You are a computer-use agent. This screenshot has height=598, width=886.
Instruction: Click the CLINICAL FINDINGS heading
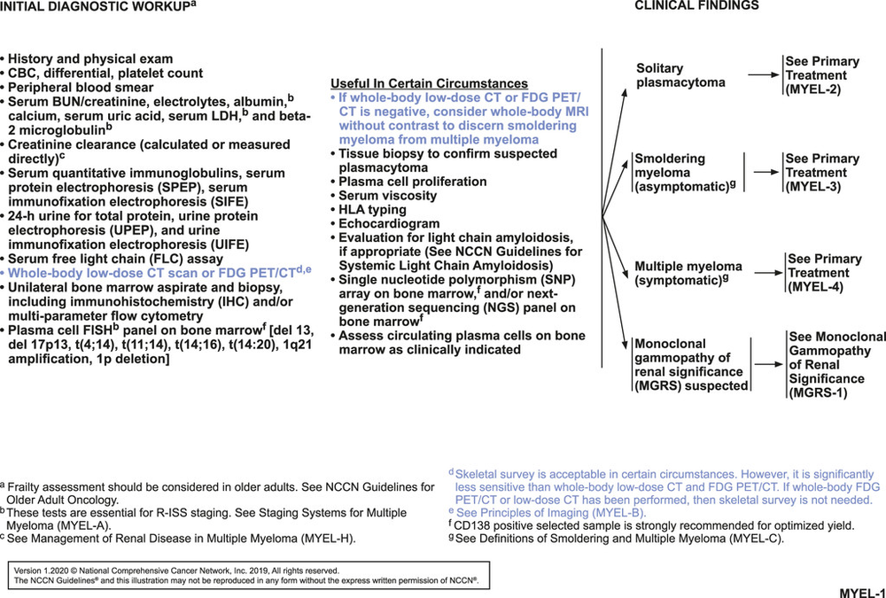pyautogui.click(x=696, y=5)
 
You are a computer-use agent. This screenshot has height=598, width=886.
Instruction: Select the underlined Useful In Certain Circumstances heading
pyautogui.click(x=429, y=83)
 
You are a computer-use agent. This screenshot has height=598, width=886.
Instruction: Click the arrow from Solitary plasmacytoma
pyautogui.click(x=764, y=76)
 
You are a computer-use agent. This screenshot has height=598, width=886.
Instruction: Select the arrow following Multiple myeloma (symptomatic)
pyautogui.click(x=764, y=272)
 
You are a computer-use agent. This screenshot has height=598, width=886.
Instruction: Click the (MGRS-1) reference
pyautogui.click(x=817, y=392)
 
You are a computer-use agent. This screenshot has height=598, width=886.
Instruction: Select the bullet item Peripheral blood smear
pyautogui.click(x=84, y=89)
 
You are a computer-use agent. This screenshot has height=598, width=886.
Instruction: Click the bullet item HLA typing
pyautogui.click(x=372, y=210)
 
